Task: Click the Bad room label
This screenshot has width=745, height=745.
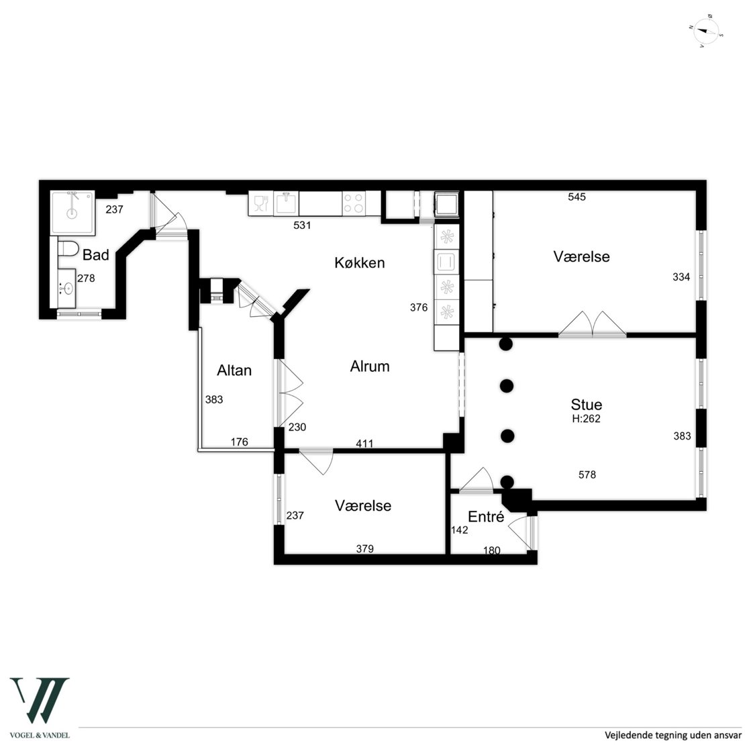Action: pos(95,254)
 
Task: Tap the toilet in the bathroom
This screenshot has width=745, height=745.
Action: pos(68,248)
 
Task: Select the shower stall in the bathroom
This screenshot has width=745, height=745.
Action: pos(72,212)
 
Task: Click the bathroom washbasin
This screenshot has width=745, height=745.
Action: pos(67,288)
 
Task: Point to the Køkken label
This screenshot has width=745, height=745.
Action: pos(360,262)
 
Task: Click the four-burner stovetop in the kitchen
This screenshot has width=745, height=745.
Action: pos(354,203)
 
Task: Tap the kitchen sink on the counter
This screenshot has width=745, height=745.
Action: pos(286,203)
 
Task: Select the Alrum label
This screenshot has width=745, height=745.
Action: pos(370,366)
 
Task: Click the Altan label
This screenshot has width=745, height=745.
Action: pos(234,370)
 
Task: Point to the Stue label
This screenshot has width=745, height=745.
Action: pos(587,404)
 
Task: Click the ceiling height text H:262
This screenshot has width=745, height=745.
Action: pos(587,419)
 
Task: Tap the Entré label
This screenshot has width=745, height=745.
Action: pos(485,516)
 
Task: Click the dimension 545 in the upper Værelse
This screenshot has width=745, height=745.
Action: pos(577,197)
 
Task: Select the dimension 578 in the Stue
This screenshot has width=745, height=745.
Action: pos(587,474)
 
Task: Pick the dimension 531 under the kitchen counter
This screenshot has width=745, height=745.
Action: pos(302,226)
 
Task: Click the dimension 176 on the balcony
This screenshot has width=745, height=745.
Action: pos(240,442)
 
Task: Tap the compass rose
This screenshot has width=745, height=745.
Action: pos(706,32)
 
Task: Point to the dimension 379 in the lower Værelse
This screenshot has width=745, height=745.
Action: pos(365,549)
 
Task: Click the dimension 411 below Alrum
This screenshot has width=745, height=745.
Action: pos(364,444)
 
